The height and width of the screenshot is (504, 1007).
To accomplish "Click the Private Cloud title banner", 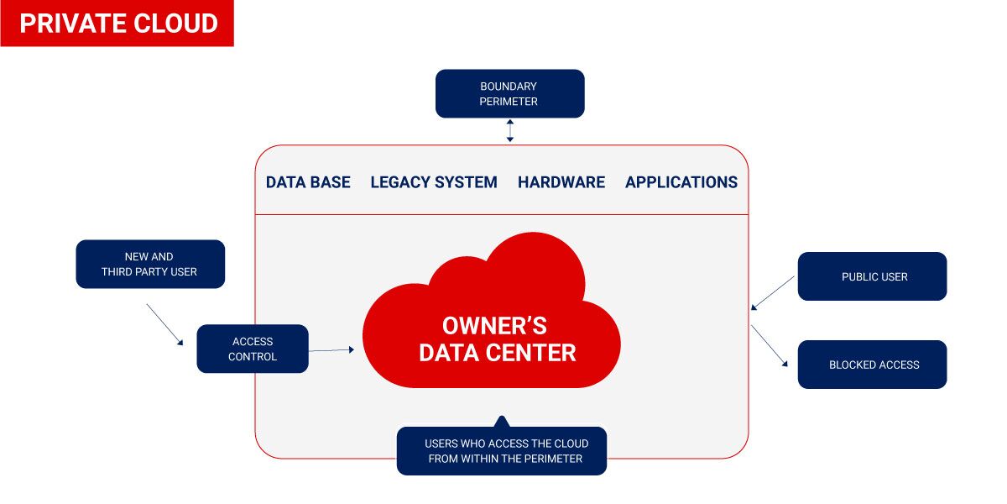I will coord(117,24).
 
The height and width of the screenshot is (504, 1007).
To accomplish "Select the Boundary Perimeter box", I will coord(509,93).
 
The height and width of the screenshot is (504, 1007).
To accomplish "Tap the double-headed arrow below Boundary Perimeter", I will coord(509,131).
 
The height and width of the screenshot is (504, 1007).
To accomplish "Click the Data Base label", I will coord(308,182).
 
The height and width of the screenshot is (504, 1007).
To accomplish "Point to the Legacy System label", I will coord(434,182).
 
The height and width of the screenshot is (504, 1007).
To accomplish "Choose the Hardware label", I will coord(561,182).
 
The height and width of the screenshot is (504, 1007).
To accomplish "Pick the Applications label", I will coord(681,182).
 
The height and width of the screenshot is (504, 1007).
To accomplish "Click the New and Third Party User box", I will coord(150,264).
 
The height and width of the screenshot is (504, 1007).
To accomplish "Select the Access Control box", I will coord(253,349).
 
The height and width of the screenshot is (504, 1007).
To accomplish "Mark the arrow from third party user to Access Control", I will coord(164,324).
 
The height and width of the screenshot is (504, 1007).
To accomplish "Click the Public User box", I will coord(872,276).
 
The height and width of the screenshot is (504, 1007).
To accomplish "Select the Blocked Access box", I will coord(872,365).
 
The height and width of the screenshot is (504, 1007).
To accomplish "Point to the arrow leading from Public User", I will coord(773,293).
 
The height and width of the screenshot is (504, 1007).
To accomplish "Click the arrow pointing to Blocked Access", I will coord(770,346).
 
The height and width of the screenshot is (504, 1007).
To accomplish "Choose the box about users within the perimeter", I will coord(502,451).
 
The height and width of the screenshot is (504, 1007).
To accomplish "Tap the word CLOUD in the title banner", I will coord(175,24).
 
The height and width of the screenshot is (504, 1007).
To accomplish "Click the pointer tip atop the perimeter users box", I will coord(502,419).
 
